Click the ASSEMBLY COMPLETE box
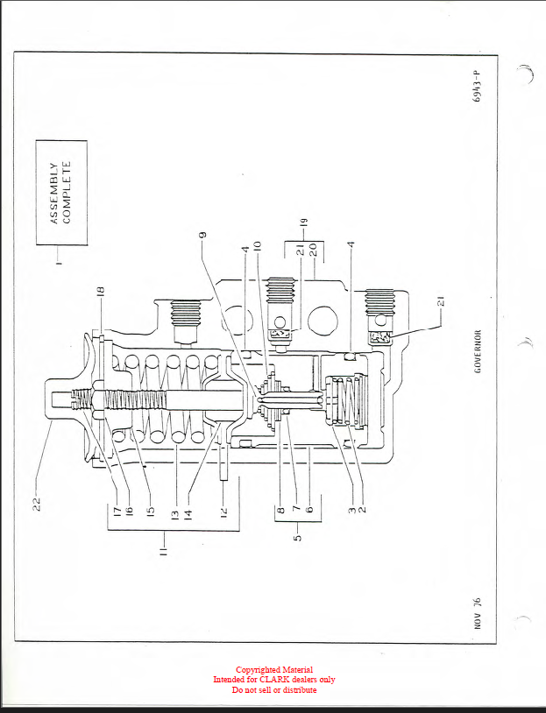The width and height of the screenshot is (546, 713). pyautogui.click(x=60, y=192)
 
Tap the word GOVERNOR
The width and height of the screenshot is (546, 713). pyautogui.click(x=478, y=351)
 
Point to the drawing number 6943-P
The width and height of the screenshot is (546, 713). pyautogui.click(x=477, y=87)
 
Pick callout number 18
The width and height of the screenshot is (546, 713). pyautogui.click(x=101, y=293)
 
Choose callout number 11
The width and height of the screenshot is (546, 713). pyautogui.click(x=163, y=552)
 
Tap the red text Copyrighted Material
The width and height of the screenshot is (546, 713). pyautogui.click(x=273, y=670)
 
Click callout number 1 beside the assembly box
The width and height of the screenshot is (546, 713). pyautogui.click(x=60, y=264)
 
